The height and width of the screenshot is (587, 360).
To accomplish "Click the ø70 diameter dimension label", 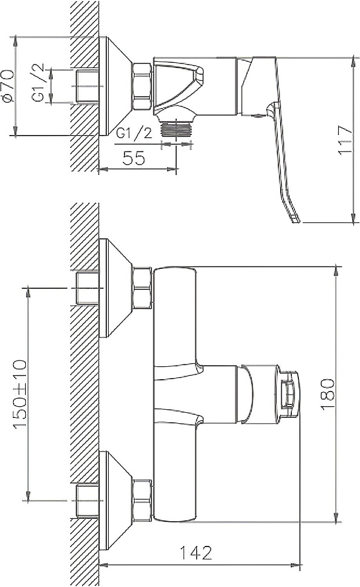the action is [8, 86].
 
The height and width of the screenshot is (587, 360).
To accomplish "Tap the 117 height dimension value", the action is [345, 141].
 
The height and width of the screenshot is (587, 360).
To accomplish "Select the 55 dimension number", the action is [134, 158].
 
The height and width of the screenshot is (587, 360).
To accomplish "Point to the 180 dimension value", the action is [328, 394].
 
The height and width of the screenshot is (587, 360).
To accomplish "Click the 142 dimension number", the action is [196, 552].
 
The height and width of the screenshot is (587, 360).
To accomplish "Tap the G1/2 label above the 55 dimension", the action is [134, 133].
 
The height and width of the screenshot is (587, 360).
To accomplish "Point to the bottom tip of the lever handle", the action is [296, 221].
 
